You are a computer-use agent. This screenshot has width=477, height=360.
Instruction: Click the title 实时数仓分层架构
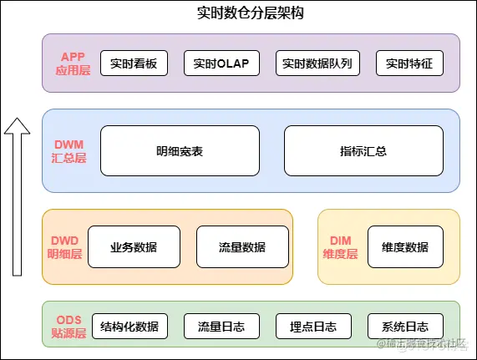(x=251, y=13)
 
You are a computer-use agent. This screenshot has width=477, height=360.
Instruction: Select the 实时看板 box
(x=134, y=63)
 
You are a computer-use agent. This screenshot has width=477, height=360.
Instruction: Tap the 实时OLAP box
(x=221, y=63)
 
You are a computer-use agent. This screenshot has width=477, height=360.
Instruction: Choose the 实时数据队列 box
(x=317, y=63)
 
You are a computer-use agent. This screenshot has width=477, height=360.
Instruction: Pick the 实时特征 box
(x=409, y=63)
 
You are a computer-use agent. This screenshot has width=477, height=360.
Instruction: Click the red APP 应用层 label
(x=73, y=63)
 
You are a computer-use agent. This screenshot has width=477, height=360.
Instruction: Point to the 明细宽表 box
(x=180, y=151)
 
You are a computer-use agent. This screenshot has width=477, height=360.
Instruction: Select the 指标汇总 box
(x=363, y=151)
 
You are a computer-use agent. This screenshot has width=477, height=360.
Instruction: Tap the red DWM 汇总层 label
(x=69, y=151)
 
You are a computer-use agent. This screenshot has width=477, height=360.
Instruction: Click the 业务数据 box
(x=134, y=247)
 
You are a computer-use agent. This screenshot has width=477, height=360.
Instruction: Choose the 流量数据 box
(x=242, y=247)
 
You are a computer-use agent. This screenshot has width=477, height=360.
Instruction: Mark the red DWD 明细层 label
(x=64, y=247)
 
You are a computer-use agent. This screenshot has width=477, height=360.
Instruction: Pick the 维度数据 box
(x=405, y=247)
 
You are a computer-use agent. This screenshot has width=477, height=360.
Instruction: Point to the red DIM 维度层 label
(x=340, y=247)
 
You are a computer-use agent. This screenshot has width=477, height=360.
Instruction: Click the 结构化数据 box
(x=129, y=327)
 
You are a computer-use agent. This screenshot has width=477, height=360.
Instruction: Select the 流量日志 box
(x=221, y=327)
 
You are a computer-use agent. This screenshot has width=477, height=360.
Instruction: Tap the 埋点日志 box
(x=313, y=327)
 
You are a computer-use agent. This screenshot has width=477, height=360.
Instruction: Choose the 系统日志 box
(x=405, y=327)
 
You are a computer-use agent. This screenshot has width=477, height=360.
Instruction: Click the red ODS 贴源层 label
(x=69, y=327)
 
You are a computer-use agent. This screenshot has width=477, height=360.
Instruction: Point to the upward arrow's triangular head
(x=17, y=127)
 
